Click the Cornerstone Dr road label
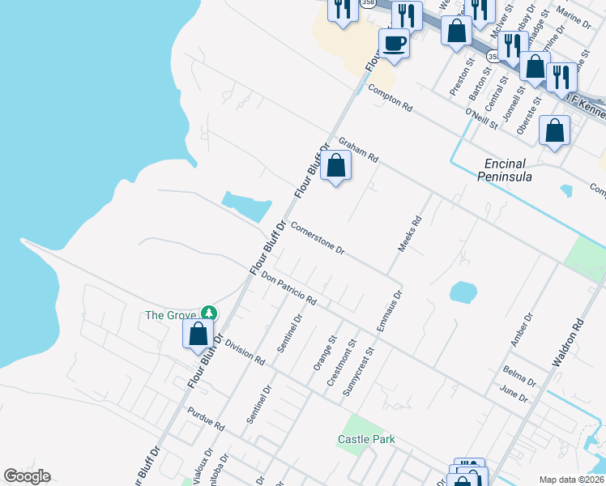[318, 240]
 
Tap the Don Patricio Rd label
[288, 288]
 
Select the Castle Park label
[366, 440]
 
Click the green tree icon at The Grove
[209, 313]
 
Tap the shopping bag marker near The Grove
[198, 333]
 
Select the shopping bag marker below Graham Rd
[336, 165]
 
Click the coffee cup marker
[395, 42]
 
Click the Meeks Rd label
[409, 232]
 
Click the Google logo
[27, 476]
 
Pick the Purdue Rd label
[206, 418]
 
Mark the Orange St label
[324, 353]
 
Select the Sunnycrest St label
[358, 372]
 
